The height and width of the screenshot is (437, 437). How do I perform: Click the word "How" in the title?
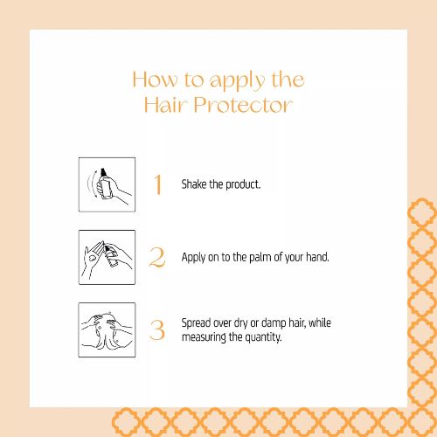(x=155, y=80)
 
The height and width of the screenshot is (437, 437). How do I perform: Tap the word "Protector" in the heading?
(x=243, y=105)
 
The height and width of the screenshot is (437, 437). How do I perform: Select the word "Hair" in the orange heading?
(x=164, y=105)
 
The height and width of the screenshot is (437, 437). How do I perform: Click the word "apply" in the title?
(x=238, y=82)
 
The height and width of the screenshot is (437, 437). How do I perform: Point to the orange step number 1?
(x=158, y=184)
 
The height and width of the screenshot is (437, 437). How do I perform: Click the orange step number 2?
(x=157, y=257)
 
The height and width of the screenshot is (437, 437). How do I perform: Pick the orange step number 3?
(x=157, y=330)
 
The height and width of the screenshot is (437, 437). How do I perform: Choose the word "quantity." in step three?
(x=263, y=337)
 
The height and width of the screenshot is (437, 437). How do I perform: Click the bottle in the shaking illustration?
(x=105, y=185)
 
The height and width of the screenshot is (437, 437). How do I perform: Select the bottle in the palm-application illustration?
(x=112, y=256)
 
